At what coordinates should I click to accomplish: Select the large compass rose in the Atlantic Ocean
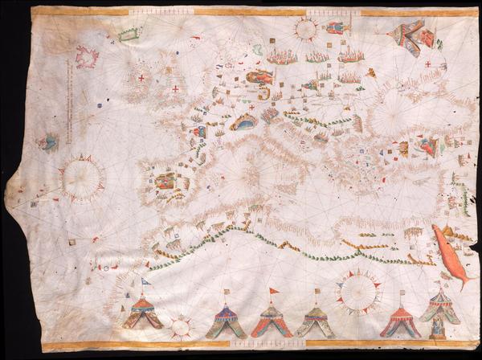(x=82, y=178)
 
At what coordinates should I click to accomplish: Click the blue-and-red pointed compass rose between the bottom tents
(x=359, y=290)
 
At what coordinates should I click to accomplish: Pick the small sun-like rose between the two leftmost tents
(x=181, y=327)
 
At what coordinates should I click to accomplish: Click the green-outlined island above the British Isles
(x=129, y=35)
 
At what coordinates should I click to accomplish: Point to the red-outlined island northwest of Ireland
(x=86, y=57)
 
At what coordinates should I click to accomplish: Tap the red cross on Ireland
(x=141, y=78)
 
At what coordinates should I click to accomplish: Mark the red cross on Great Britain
(x=175, y=88)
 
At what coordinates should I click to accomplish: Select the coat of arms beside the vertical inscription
(x=46, y=142)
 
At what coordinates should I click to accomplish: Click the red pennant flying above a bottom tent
(x=273, y=291)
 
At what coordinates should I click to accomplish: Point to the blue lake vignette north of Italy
(x=243, y=123)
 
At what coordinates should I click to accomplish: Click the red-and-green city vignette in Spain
(x=165, y=180)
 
